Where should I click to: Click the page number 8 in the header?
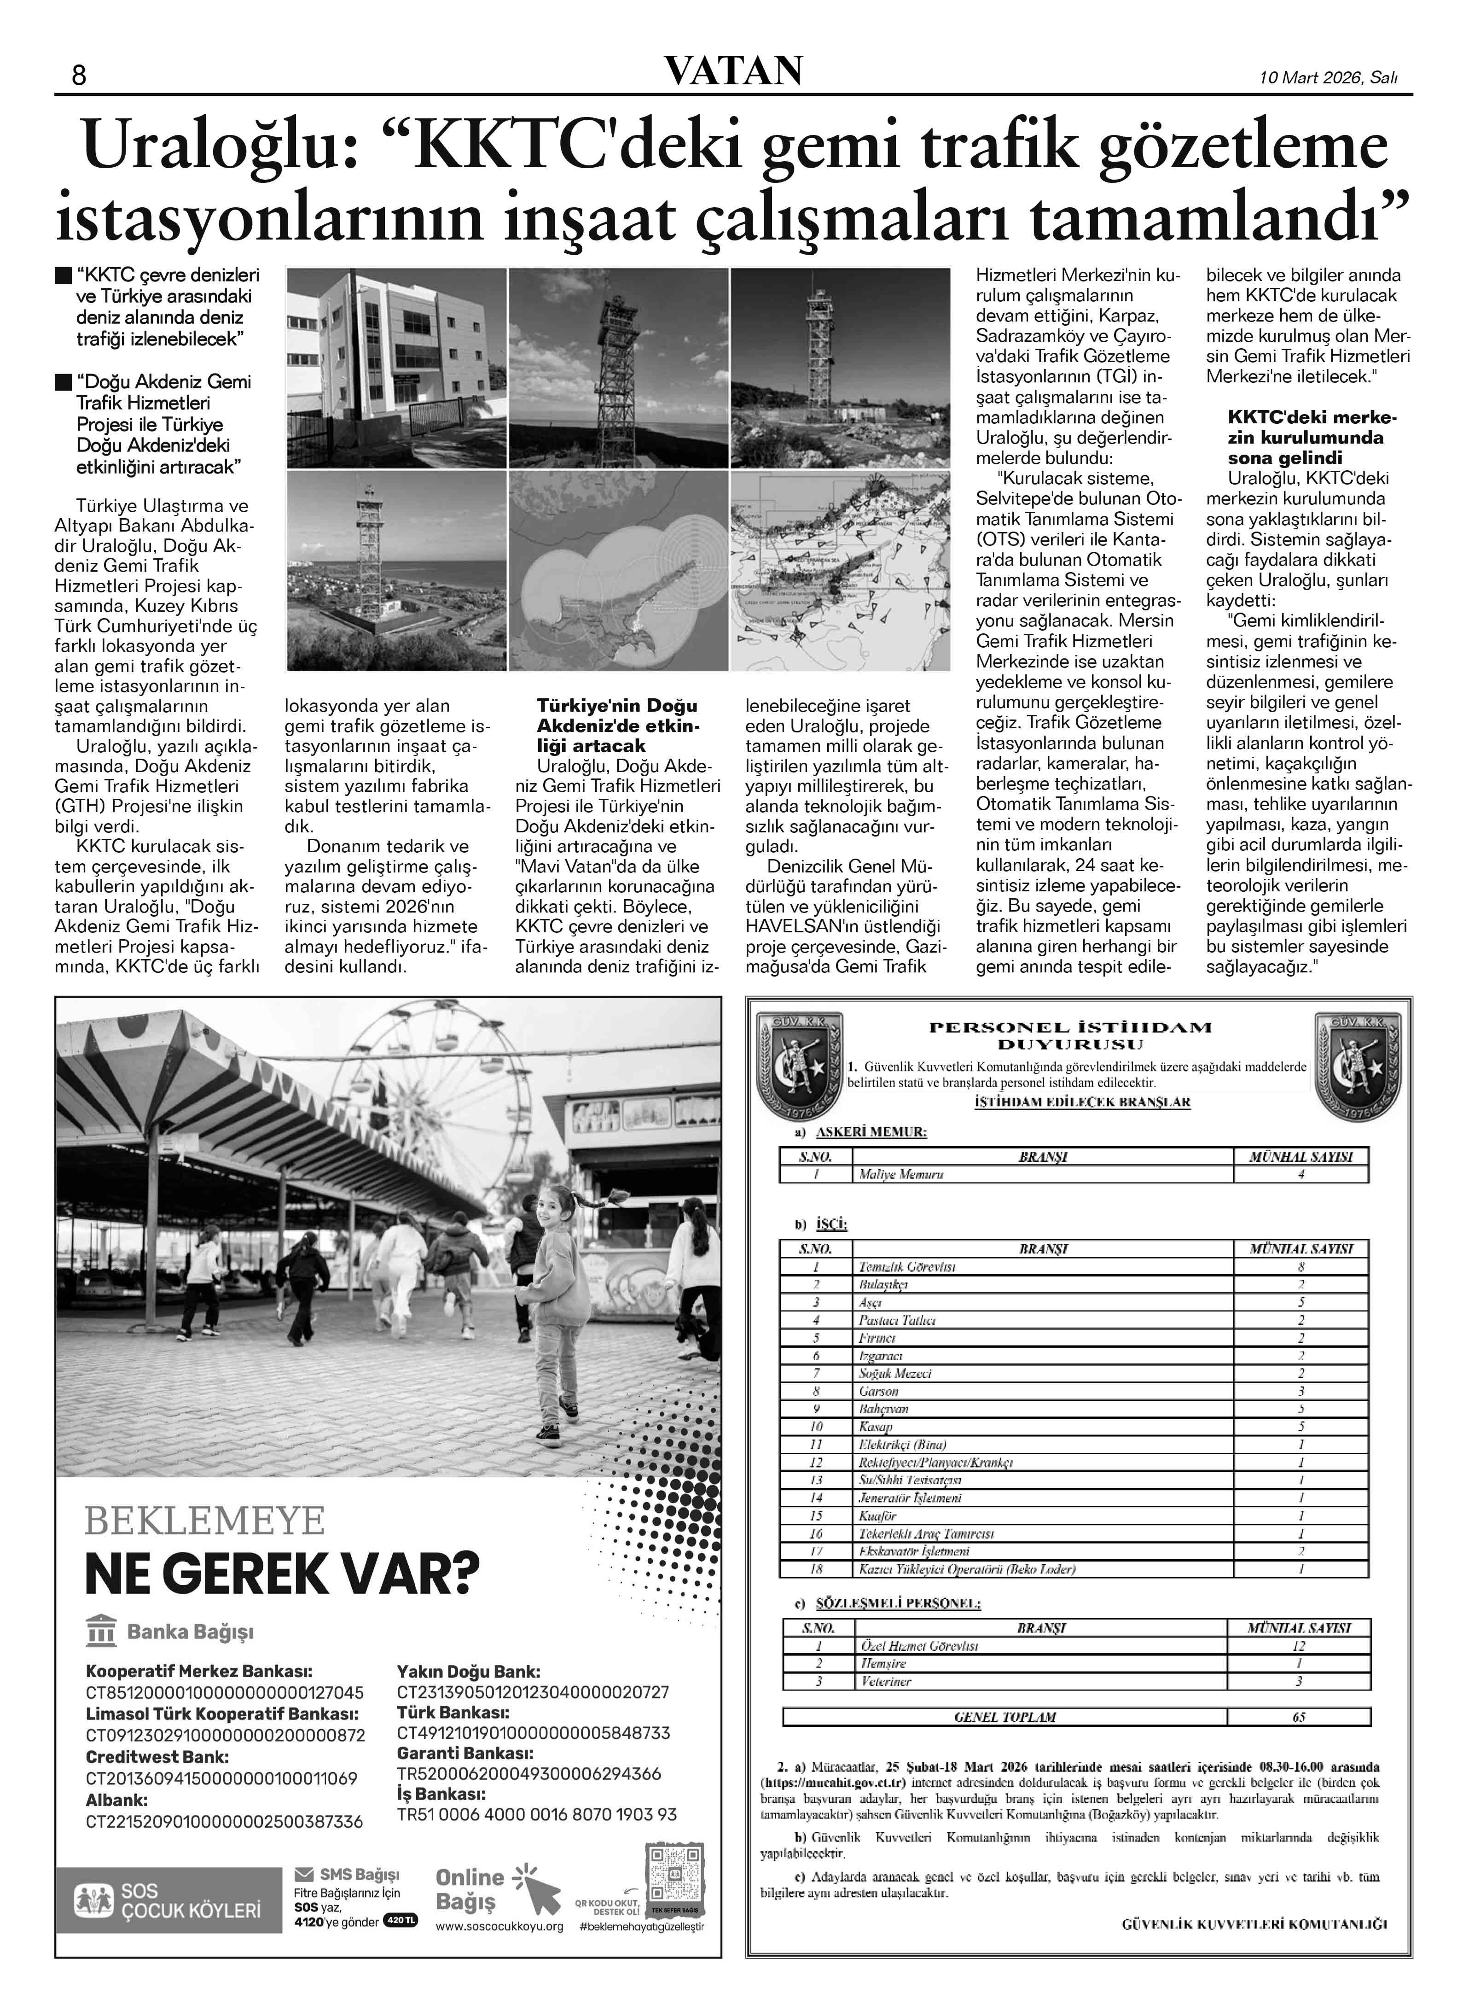pyautogui.click(x=78, y=76)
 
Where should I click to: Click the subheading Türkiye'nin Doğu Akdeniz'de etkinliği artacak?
pyautogui.click(x=617, y=725)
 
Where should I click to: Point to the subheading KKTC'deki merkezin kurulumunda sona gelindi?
pyautogui.click(x=1312, y=438)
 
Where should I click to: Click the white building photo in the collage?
pyautogui.click(x=396, y=368)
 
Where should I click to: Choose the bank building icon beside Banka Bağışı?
pyautogui.click(x=101, y=1632)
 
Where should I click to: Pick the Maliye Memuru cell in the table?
pyautogui.click(x=901, y=1174)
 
